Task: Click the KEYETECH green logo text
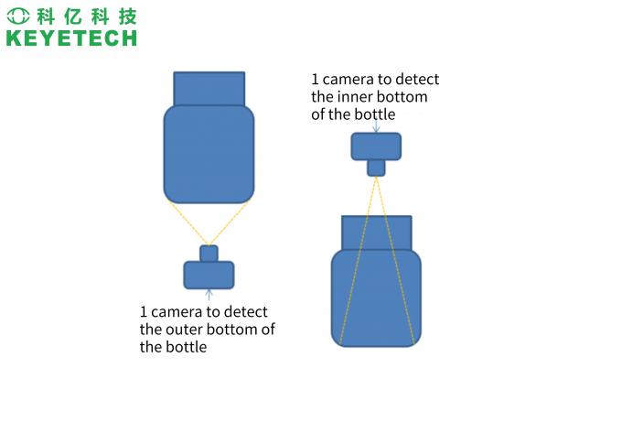70,38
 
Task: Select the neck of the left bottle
209,88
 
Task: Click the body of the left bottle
209,153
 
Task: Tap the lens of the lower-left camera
209,254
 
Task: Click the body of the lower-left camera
209,275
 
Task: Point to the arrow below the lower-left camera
209,295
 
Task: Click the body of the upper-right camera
376,146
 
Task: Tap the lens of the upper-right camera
376,168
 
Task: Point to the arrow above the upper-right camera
376,126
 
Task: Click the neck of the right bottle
376,233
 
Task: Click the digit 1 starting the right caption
316,80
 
